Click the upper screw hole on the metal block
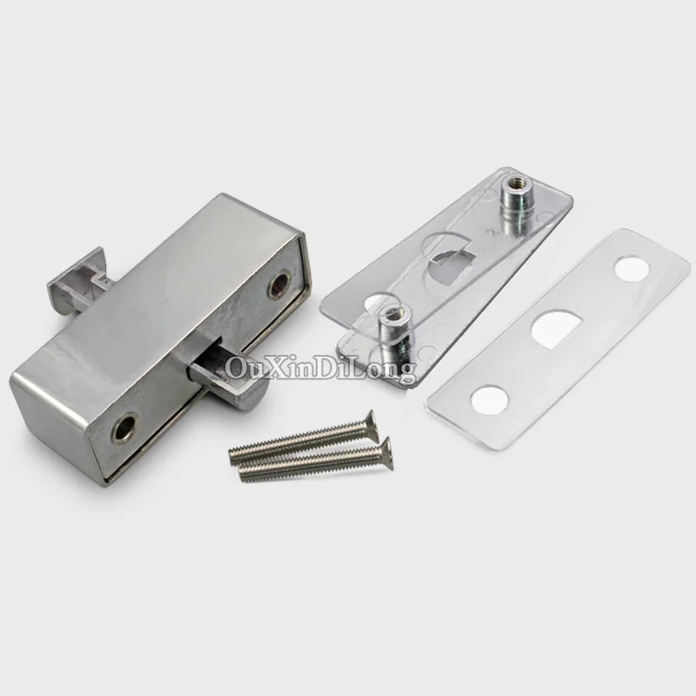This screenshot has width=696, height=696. point(279,285)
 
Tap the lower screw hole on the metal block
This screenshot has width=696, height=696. point(124,426)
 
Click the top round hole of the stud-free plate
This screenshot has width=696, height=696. point(632,268)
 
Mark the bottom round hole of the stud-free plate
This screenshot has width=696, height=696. point(489,398)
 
